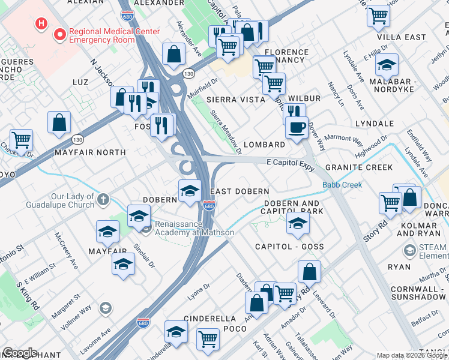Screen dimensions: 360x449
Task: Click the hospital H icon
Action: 41,24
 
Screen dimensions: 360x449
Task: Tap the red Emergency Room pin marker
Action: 59,35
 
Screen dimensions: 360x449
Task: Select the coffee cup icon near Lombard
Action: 296,128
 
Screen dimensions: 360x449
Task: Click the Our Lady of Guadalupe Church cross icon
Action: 103,199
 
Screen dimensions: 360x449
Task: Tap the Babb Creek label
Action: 342,185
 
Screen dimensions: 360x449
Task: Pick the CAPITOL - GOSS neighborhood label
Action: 289,247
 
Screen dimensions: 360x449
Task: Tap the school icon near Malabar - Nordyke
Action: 387,64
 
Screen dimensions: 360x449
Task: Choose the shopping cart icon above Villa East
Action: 378,15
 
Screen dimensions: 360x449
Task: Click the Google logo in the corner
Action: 20,353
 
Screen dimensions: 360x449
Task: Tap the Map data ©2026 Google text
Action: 412,355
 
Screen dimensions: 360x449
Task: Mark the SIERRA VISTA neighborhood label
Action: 235,100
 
